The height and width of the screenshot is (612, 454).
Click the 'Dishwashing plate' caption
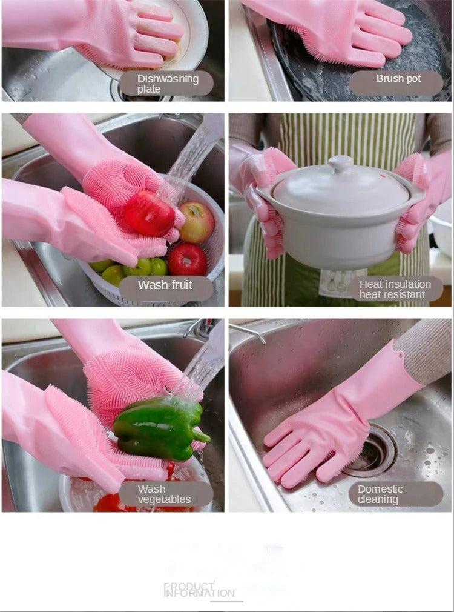pos(166,84)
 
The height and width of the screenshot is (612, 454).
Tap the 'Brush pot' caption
pos(398,79)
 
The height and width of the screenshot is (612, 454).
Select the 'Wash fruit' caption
pos(165,285)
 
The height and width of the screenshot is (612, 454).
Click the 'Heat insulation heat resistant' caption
pos(395,289)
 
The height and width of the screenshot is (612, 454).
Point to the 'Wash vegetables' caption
pos(165,494)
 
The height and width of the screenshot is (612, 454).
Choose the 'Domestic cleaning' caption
pos(381,494)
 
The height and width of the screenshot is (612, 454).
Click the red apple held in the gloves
pos(149,213)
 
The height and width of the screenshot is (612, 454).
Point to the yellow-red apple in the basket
pos(197,222)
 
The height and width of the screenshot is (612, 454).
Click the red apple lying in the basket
pos(187,259)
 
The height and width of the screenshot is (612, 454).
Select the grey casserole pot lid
pos(340,185)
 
